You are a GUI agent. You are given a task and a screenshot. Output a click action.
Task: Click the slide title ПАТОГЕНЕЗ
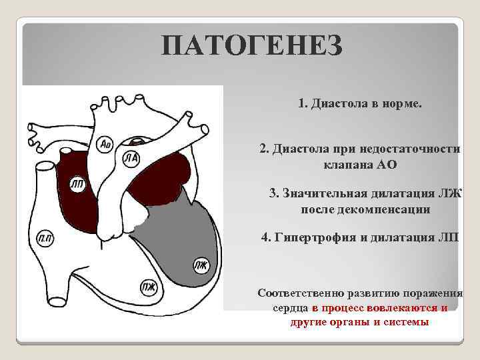click(252, 46)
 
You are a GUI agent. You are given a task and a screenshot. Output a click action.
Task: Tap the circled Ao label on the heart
click(105, 143)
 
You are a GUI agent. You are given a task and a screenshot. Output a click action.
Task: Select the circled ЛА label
click(131, 157)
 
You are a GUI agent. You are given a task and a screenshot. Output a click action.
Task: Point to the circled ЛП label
click(77, 185)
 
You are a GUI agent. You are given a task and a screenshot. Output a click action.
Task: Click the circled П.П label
click(45, 239)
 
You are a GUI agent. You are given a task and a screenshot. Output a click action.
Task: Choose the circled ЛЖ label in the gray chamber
click(201, 265)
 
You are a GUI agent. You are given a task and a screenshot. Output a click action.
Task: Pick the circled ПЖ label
click(148, 287)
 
